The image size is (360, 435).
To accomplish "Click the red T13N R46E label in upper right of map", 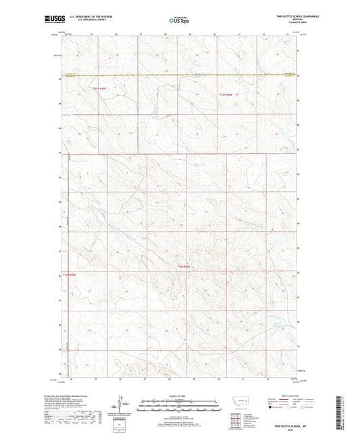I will tap(226, 95).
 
